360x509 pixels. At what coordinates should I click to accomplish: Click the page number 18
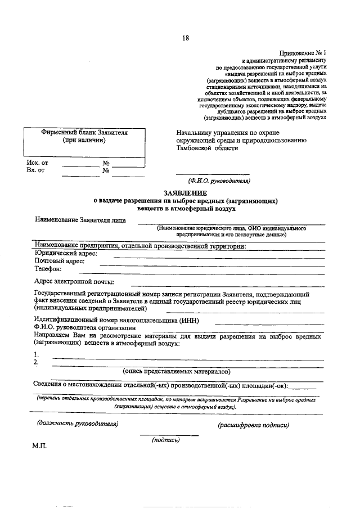(186, 38)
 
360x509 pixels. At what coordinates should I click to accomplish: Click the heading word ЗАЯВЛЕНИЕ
(185, 193)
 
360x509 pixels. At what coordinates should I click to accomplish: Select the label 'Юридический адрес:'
(66, 254)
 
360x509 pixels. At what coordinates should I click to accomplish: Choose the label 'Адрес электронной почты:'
(74, 281)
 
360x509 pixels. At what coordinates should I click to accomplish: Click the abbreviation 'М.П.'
(40, 445)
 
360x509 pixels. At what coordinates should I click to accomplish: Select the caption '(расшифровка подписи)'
(253, 425)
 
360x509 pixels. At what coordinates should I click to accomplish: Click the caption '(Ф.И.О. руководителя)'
(219, 181)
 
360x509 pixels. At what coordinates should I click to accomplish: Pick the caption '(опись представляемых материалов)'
(177, 372)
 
